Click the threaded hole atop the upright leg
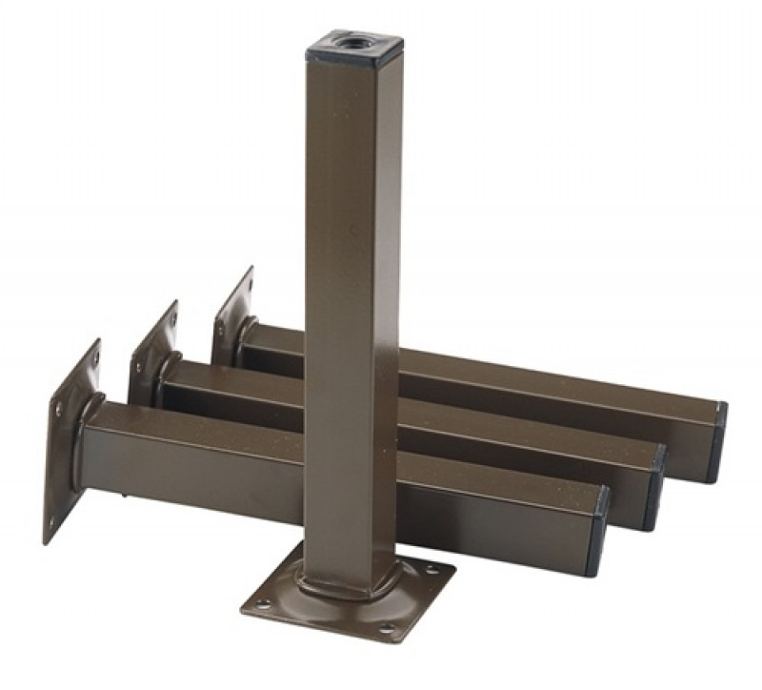(340, 42)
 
